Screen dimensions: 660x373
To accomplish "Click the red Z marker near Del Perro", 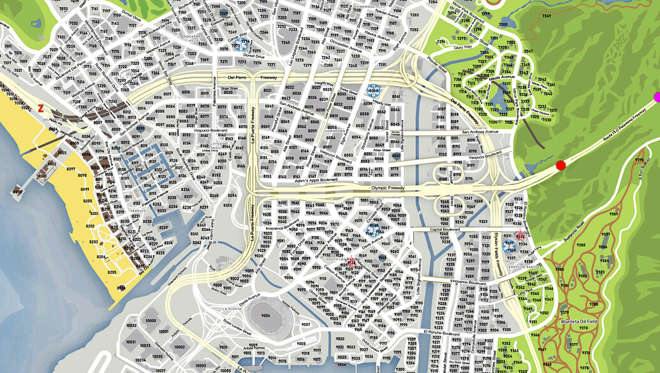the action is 41,108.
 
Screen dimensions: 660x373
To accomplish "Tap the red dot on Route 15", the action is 561,165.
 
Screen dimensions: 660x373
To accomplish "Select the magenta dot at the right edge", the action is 657,97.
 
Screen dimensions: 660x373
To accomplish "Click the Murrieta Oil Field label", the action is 578,322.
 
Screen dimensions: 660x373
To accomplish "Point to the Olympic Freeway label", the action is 388,189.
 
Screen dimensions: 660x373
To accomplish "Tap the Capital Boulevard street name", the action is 444,230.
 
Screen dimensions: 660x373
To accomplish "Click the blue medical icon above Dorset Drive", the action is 241,44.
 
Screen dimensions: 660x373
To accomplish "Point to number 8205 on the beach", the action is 112,272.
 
